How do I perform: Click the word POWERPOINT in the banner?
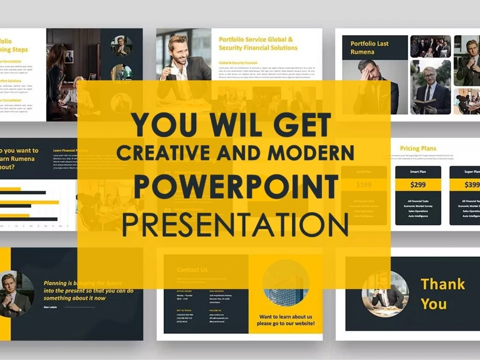click(236, 187)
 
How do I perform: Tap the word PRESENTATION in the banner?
click(235, 224)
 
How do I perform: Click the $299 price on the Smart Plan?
click(418, 184)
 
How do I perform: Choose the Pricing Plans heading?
click(418, 148)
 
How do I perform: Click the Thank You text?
click(442, 294)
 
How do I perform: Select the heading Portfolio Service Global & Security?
click(258, 44)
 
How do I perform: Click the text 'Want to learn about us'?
click(286, 317)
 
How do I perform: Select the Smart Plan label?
click(418, 171)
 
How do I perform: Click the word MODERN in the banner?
click(311, 153)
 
